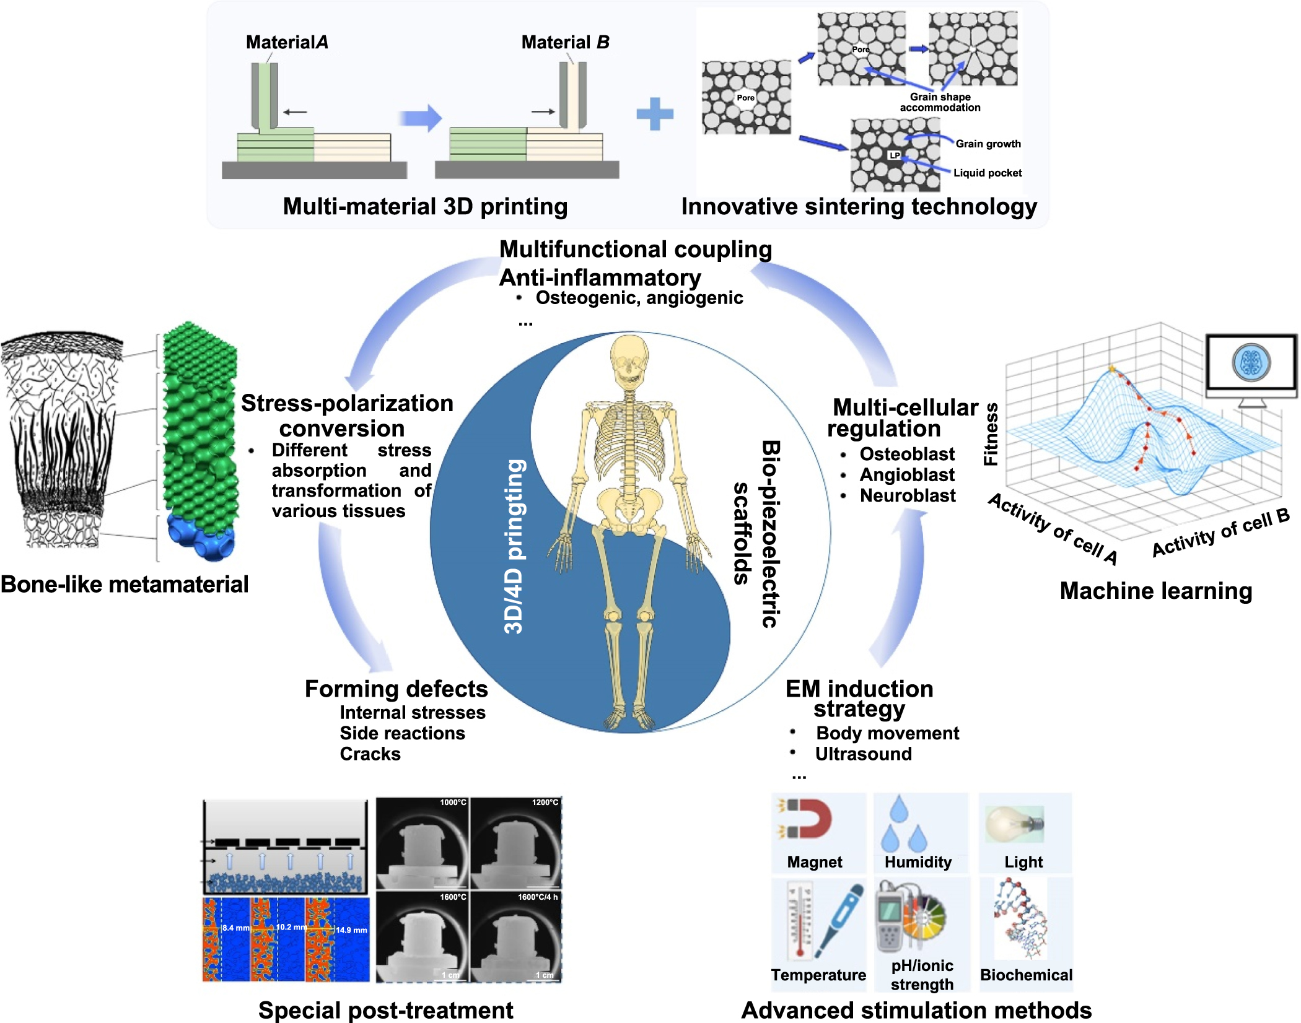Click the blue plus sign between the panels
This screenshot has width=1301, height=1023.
pyautogui.click(x=655, y=114)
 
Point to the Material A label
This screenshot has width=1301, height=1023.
pyautogui.click(x=287, y=42)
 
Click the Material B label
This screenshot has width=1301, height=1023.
pyautogui.click(x=565, y=42)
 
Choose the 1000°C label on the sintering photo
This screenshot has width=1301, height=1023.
pyautogui.click(x=453, y=803)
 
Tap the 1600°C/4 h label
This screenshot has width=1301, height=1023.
pyautogui.click(x=538, y=897)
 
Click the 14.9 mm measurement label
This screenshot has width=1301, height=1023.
pyautogui.click(x=351, y=930)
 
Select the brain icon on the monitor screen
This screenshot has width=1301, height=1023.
pyautogui.click(x=1251, y=362)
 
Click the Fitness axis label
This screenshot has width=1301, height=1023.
pyautogui.click(x=991, y=433)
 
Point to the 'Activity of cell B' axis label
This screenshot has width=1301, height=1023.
pyautogui.click(x=1220, y=533)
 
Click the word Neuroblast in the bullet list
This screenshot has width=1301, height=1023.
pyautogui.click(x=908, y=495)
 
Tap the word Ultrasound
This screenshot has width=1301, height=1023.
pyautogui.click(x=863, y=754)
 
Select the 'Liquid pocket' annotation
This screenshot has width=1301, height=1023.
pyautogui.click(x=987, y=173)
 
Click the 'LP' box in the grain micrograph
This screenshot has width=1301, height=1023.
pyautogui.click(x=894, y=155)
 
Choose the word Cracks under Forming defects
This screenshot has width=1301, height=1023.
pyautogui.click(x=370, y=754)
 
